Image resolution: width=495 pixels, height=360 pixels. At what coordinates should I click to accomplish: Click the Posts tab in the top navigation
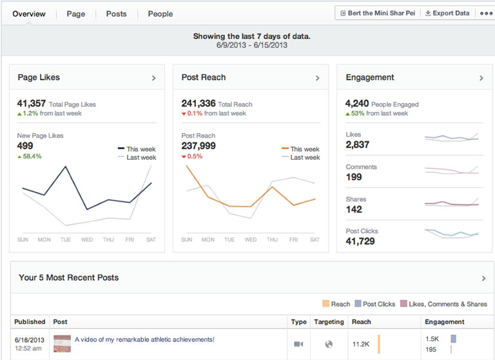pyautogui.click(x=116, y=14)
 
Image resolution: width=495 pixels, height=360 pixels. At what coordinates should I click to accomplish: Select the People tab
pyautogui.click(x=160, y=14)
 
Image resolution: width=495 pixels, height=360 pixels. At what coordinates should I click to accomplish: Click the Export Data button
pyautogui.click(x=447, y=13)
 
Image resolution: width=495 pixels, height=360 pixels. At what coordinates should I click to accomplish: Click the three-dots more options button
pyautogui.click(x=486, y=14)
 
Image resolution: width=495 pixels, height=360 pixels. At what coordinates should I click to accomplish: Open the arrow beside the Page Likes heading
pyautogui.click(x=153, y=78)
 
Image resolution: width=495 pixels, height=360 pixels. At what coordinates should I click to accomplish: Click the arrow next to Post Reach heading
pyautogui.click(x=317, y=78)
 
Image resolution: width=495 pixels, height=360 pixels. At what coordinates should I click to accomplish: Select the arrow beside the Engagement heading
pyautogui.click(x=481, y=78)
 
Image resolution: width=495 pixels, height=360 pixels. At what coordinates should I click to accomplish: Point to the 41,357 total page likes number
pyautogui.click(x=32, y=103)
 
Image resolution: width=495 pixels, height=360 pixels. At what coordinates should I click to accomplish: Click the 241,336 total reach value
pyautogui.click(x=199, y=103)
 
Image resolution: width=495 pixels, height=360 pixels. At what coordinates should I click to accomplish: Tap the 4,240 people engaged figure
pyautogui.click(x=357, y=103)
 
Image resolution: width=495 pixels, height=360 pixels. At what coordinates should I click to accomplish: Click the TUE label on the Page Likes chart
pyautogui.click(x=66, y=240)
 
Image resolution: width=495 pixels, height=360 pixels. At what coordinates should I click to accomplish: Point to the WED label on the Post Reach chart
pyautogui.click(x=251, y=240)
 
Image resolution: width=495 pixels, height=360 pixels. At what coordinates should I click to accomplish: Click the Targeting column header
pyautogui.click(x=329, y=321)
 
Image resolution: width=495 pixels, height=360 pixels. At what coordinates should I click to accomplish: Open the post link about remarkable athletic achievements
pyautogui.click(x=144, y=339)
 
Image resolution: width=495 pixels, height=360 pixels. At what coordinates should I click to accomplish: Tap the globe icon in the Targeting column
pyautogui.click(x=329, y=344)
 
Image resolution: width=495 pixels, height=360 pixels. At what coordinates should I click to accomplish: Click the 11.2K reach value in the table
pyautogui.click(x=361, y=344)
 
